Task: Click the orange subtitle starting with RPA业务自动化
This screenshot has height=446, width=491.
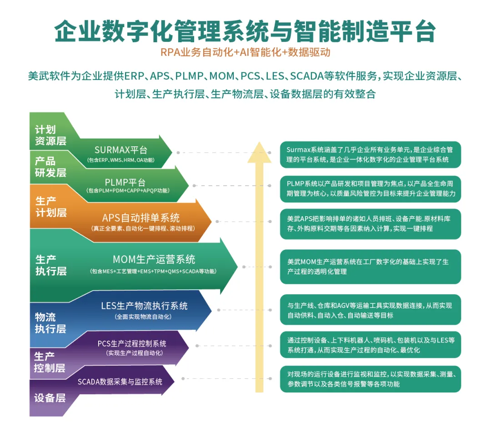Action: click(x=245, y=52)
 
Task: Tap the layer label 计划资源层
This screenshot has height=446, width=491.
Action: click(x=50, y=135)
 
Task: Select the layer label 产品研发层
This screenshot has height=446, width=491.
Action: click(x=50, y=167)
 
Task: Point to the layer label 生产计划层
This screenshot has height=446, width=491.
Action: click(x=51, y=207)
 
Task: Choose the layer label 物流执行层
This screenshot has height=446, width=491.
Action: click(x=50, y=323)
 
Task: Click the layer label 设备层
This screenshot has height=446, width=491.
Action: click(x=50, y=398)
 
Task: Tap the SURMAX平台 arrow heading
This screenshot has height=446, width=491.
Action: click(x=121, y=150)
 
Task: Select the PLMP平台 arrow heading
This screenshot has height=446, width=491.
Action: click(x=125, y=182)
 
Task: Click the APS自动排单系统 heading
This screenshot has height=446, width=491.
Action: click(x=141, y=218)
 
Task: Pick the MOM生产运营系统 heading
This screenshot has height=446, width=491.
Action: click(x=154, y=259)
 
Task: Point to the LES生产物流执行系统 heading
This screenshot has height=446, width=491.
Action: click(x=145, y=306)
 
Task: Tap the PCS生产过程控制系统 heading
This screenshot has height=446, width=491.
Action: click(x=132, y=343)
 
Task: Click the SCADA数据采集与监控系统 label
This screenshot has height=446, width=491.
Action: click(x=120, y=382)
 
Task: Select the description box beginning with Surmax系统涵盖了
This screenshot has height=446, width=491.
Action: click(x=371, y=154)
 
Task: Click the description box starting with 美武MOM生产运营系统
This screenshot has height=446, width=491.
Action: click(x=371, y=267)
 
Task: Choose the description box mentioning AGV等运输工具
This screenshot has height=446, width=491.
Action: click(x=371, y=310)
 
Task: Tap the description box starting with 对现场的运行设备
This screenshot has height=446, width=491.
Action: click(x=371, y=379)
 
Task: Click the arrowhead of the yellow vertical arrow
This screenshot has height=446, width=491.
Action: click(x=259, y=152)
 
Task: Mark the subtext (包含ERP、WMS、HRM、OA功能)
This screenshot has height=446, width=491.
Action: click(x=121, y=160)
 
